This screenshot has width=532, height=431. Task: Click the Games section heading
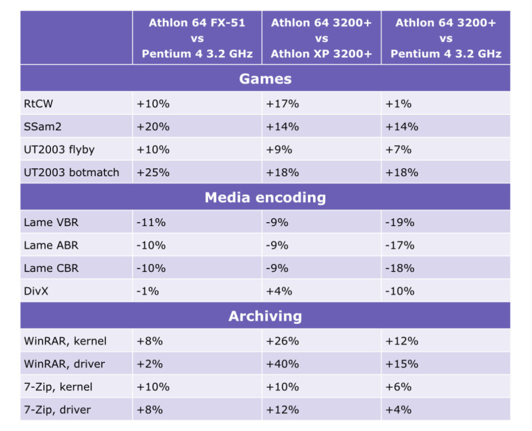265,78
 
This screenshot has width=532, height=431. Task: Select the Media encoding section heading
265,198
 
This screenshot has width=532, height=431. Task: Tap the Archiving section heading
265,317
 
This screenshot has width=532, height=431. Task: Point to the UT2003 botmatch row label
71,172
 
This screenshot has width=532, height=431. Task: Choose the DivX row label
37,291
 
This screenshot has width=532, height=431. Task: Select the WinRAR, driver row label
65,364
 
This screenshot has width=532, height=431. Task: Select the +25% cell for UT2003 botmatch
153,172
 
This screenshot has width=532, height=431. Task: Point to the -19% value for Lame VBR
399,222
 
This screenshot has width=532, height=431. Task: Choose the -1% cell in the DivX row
148,291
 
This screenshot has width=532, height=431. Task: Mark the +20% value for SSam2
153,126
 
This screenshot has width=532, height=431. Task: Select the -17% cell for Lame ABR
399,245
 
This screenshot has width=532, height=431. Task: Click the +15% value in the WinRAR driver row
401,364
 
